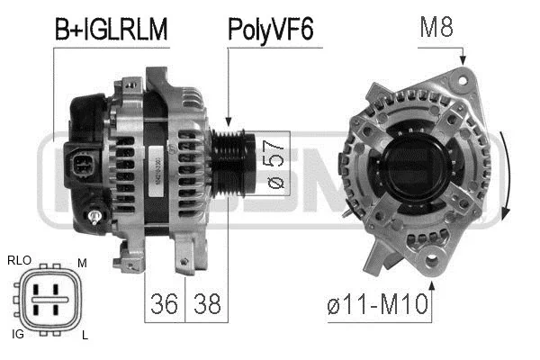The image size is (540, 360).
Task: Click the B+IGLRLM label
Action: (x=112, y=29)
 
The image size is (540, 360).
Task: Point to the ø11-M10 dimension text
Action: (x=376, y=307)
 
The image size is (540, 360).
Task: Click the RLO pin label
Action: (x=19, y=260)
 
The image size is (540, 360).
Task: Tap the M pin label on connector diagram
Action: (x=82, y=262)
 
